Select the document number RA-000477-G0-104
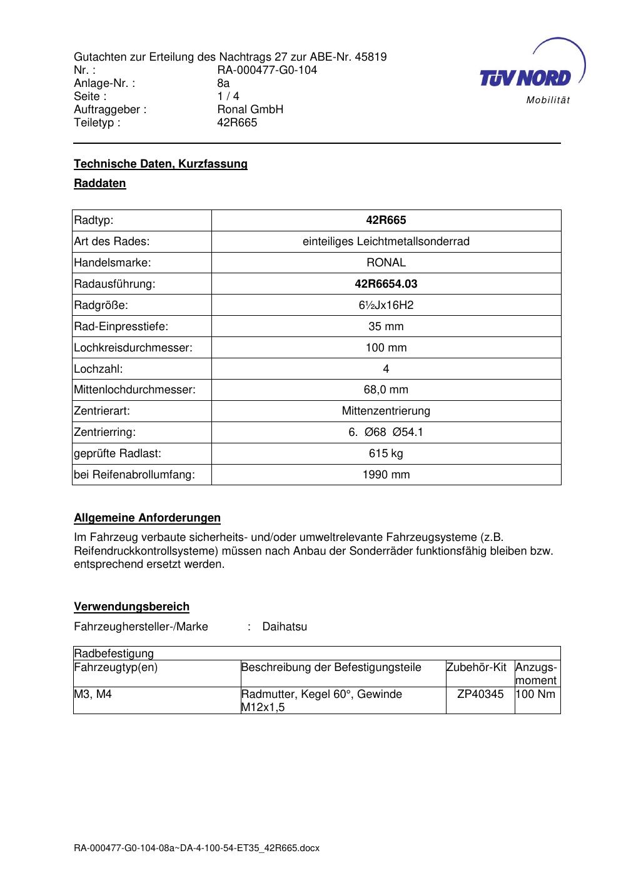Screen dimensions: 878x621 [x=267, y=70]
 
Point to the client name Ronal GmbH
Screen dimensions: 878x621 [x=250, y=109]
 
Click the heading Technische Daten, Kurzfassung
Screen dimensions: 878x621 [x=161, y=164]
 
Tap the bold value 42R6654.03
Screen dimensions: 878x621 [x=386, y=284]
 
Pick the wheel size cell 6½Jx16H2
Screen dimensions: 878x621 [x=386, y=305]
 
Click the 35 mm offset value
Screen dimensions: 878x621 [x=386, y=326]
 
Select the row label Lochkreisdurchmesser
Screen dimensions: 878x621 [x=133, y=348]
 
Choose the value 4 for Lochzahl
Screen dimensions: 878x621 [x=386, y=369]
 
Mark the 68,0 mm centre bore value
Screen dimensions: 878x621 [x=386, y=390]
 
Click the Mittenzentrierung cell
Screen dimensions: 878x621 [x=386, y=411]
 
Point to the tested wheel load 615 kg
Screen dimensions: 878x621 [x=386, y=453]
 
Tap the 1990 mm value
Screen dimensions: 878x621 [x=386, y=475]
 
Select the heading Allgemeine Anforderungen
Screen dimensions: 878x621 [x=147, y=518]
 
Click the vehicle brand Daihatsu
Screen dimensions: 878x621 [x=285, y=627]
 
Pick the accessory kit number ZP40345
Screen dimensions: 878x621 [x=480, y=694]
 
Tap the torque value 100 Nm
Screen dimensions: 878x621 [x=536, y=694]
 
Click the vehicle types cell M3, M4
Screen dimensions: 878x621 [x=93, y=694]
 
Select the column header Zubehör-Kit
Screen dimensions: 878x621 [x=477, y=667]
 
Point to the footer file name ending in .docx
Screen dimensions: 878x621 [x=196, y=848]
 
